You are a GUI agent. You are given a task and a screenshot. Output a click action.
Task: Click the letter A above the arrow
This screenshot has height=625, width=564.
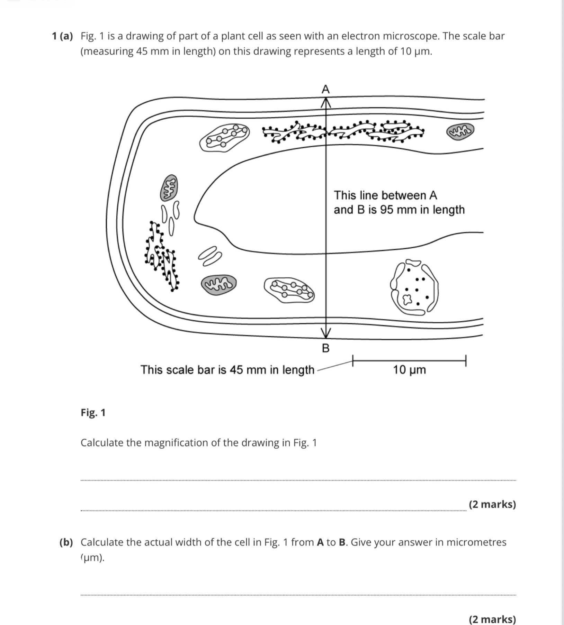click(x=325, y=90)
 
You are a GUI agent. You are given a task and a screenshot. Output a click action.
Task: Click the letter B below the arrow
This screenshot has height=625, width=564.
click(x=325, y=348)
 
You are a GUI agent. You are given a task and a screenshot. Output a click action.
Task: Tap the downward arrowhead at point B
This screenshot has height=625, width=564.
click(x=325, y=333)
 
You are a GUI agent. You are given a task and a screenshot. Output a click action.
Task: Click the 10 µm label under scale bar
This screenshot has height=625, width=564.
click(x=409, y=370)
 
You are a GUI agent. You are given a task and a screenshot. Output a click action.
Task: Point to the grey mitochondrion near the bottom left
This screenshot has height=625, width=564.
click(x=219, y=285)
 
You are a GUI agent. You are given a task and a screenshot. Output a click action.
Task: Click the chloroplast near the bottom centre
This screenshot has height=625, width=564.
click(x=289, y=289)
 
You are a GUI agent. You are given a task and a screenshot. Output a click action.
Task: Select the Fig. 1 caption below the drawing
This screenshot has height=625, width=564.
click(x=93, y=412)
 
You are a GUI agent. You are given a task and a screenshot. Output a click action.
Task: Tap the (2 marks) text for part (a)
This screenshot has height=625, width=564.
click(x=492, y=504)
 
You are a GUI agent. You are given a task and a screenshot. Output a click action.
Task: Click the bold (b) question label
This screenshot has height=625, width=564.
click(x=66, y=542)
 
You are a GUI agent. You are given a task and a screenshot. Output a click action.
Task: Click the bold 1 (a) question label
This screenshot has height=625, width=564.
click(x=62, y=36)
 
